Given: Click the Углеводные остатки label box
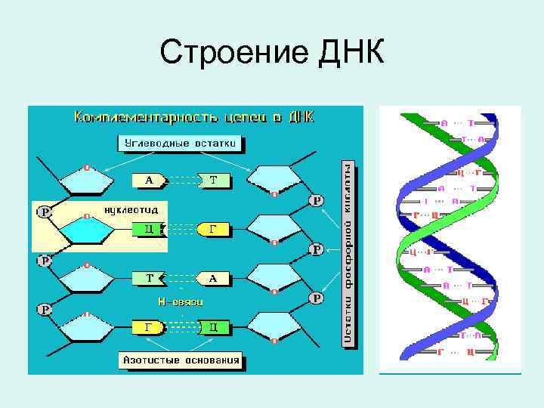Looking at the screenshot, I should (x=181, y=142).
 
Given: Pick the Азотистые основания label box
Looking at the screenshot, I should (x=181, y=360).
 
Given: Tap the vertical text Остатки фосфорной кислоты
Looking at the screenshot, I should (x=348, y=253).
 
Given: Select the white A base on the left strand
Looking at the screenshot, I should (x=149, y=180).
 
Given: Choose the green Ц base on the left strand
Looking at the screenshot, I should (x=149, y=227).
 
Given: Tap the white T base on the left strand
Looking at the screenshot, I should (x=149, y=278).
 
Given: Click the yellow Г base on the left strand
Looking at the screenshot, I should (x=149, y=327).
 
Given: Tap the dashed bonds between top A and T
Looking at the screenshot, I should (x=181, y=180).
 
